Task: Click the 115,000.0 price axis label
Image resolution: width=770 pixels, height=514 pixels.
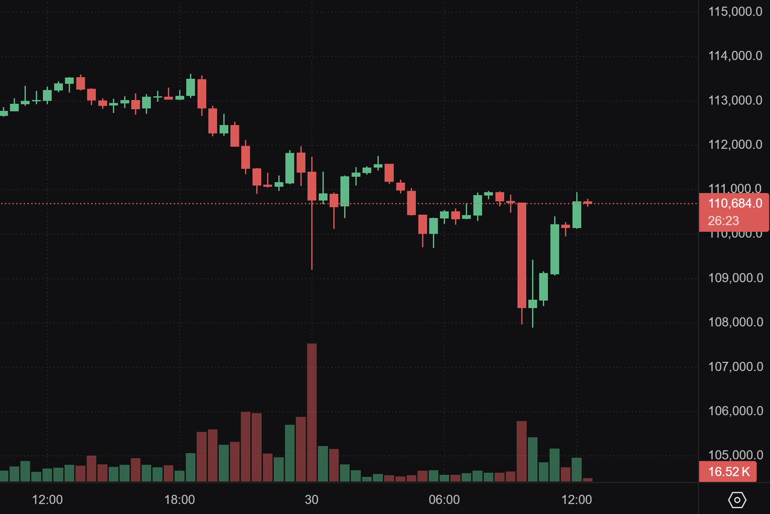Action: point(735,12)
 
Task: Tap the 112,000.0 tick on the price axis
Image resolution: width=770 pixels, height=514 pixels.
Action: point(735,145)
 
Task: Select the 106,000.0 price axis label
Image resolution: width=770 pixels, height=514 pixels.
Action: point(735,411)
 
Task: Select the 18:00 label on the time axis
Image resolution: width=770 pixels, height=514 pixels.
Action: point(180,499)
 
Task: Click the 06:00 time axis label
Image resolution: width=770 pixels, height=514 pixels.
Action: point(444,499)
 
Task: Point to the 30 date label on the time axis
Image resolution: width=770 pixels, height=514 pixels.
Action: point(312,499)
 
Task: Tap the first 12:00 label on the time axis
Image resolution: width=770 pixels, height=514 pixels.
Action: point(47,499)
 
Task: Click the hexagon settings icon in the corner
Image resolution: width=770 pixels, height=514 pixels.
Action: point(737,499)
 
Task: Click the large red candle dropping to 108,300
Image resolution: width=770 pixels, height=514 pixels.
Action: point(522,255)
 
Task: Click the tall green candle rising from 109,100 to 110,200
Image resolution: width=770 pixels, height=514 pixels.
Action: point(554,249)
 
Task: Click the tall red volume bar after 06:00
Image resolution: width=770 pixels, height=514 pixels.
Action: point(522,450)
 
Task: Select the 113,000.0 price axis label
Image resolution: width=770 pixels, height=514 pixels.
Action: point(735,101)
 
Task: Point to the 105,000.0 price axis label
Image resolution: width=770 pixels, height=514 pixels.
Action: point(735,456)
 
